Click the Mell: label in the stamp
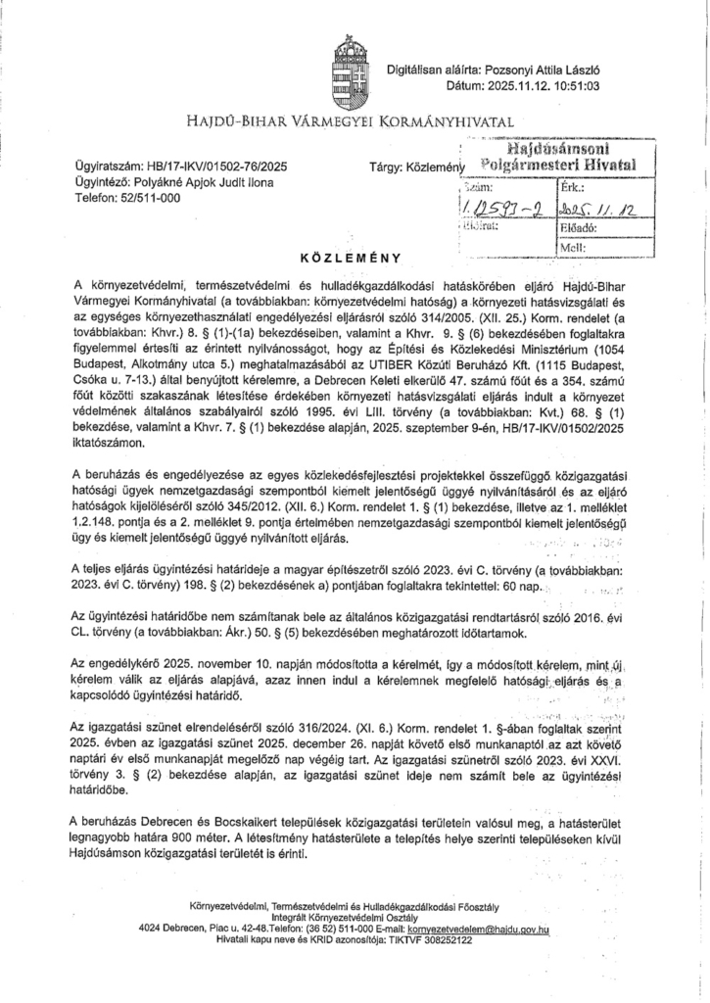(x=571, y=248)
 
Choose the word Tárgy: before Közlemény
(x=385, y=167)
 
